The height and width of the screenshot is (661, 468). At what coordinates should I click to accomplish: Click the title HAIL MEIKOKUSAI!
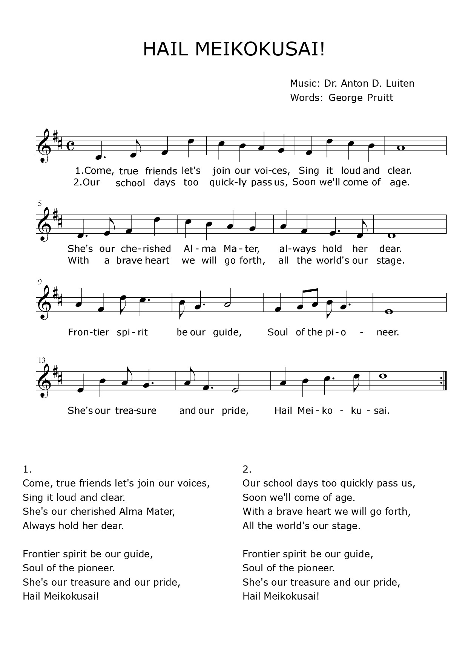click(x=234, y=49)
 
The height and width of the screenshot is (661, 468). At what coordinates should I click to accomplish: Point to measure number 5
click(x=40, y=204)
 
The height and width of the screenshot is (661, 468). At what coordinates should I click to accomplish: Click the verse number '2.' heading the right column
click(x=247, y=469)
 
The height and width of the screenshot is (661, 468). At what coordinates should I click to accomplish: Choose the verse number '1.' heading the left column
click(x=27, y=469)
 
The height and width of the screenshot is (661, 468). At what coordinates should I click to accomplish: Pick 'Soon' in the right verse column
click(x=253, y=497)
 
